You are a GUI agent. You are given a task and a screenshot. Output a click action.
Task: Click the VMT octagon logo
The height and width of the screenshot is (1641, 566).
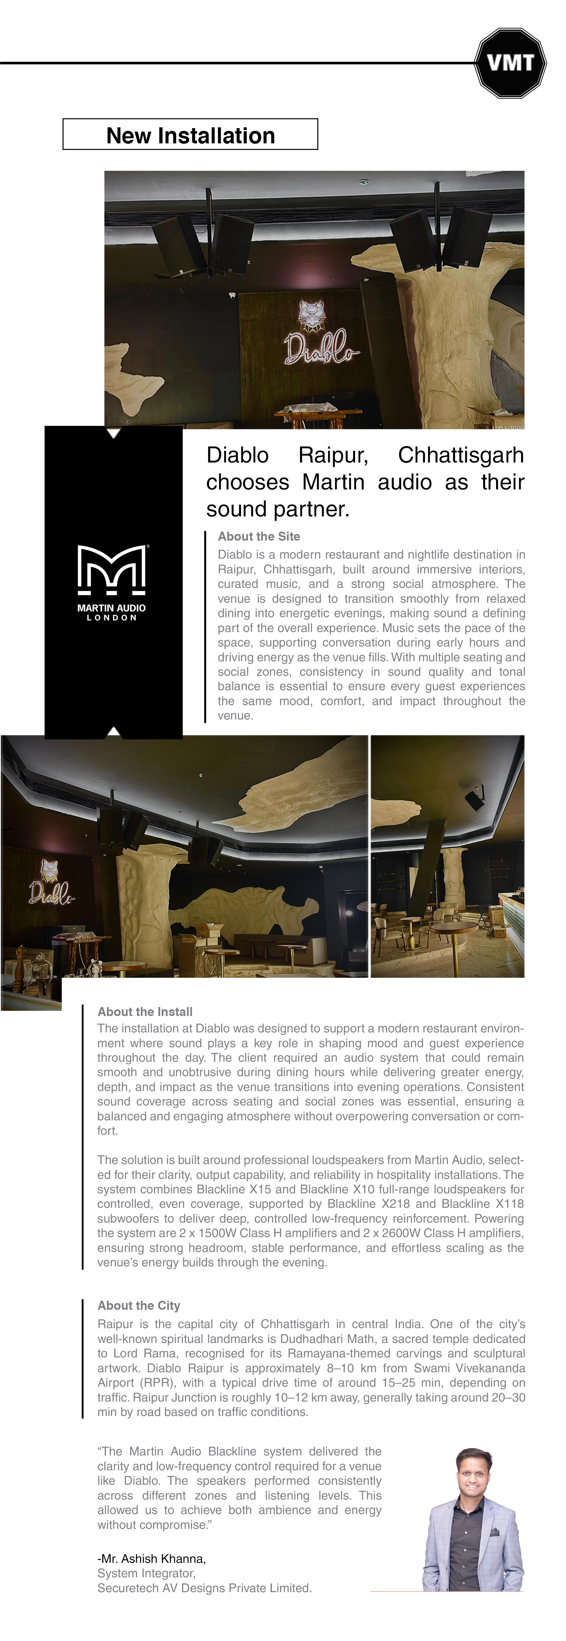click(510, 62)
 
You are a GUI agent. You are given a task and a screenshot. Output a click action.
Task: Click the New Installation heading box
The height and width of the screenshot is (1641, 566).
click(190, 134)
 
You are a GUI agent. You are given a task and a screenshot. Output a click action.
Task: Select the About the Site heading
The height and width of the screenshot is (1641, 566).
click(259, 536)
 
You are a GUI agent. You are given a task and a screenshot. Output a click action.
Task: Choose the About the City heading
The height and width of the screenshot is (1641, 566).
click(139, 1305)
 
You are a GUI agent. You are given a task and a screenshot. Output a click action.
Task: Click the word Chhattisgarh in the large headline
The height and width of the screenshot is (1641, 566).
click(460, 455)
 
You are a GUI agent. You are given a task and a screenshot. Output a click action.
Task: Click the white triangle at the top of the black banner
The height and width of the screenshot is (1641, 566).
click(113, 433)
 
